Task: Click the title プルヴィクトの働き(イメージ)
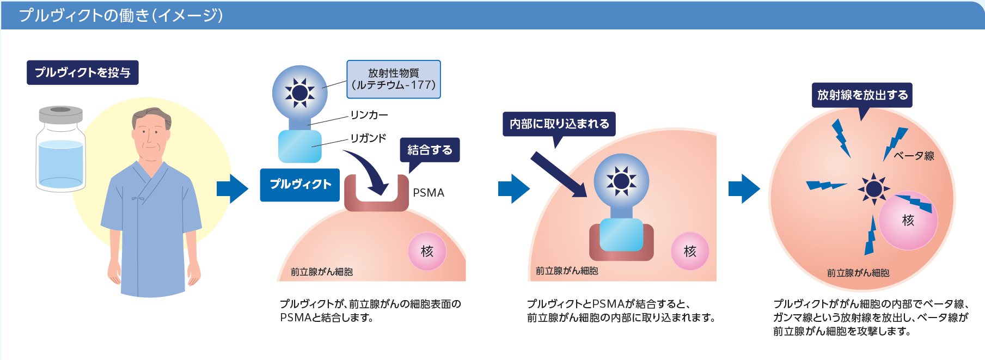point(121,15)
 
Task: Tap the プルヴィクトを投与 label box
point(83,72)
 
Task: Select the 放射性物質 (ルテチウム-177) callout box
point(393,80)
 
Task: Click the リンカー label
point(369,115)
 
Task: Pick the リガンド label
point(368,138)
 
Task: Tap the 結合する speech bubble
point(430,150)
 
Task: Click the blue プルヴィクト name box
point(300,185)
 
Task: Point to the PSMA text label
point(429,193)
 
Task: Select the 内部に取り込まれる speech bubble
point(559,124)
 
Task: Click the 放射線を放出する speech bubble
point(862,95)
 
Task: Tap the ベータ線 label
point(914,156)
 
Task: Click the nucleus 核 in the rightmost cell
point(908,220)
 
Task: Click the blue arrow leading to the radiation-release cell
point(744,189)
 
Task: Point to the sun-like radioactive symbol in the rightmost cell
point(873,189)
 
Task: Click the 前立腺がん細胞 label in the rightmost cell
point(858,273)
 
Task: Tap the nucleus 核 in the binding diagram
point(427,251)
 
